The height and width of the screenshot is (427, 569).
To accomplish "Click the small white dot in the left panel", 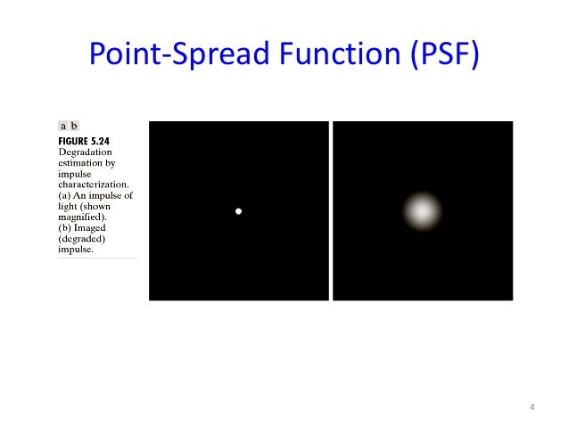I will click(238, 211).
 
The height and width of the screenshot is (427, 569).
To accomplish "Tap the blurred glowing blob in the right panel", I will click(422, 211).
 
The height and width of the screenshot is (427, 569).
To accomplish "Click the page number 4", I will click(532, 407).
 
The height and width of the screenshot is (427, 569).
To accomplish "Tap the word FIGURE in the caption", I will click(78, 141).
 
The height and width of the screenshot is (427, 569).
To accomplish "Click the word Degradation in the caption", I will click(86, 152).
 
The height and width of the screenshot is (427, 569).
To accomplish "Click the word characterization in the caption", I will click(95, 185).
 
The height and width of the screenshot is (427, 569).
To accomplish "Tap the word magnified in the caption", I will click(86, 217).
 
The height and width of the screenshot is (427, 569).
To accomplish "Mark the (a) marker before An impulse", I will click(66, 195).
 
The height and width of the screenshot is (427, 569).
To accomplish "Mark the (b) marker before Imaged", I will click(66, 228).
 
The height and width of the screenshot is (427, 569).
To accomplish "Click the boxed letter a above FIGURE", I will click(63, 127).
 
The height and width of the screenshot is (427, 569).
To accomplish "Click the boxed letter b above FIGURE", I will click(74, 127).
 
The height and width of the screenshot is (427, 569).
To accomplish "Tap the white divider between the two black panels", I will click(330, 211).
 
